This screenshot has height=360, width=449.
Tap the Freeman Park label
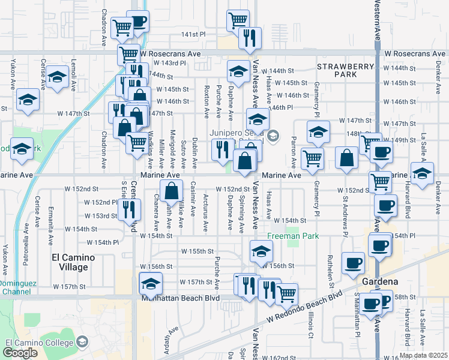click(x=293, y=236)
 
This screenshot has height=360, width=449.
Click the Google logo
click(x=20, y=353)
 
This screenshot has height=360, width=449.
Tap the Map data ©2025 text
click(x=423, y=355)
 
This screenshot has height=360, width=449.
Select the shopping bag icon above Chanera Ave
click(x=172, y=191)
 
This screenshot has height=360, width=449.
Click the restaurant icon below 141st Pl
click(x=250, y=38)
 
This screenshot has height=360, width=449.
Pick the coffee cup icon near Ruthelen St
click(x=353, y=262)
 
